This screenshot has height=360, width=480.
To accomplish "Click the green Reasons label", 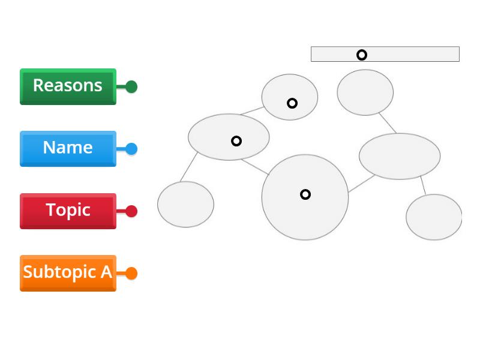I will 68,86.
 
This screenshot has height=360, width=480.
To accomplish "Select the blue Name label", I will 68,148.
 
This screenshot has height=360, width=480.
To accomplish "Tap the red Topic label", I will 68,211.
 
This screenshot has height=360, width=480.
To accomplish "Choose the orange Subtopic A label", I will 68,273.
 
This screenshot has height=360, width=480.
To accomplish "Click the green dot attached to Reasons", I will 131,87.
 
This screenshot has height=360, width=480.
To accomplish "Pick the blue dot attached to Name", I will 131,149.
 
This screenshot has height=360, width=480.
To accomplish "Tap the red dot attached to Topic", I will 131,211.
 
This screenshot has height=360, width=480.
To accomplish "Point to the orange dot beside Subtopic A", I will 131,274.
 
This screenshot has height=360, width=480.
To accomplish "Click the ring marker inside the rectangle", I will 362,55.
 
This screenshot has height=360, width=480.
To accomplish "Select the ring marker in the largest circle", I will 305,194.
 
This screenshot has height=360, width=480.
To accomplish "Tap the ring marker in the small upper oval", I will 292,103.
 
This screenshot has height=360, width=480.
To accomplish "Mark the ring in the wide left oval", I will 236,141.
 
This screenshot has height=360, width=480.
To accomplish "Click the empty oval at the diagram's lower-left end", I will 185,205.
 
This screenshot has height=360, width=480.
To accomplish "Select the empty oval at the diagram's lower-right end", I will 434,217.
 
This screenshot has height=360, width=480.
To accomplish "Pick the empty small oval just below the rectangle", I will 365,92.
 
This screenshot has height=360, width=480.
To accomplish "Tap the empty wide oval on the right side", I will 400,156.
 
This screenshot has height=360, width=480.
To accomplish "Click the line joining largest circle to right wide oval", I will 361,184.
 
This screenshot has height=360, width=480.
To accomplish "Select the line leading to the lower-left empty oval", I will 190,166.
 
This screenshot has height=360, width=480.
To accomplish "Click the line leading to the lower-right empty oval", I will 423,185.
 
